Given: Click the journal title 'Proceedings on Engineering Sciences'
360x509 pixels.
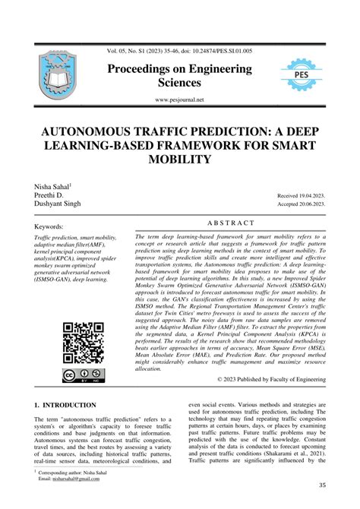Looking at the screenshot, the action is point(179,75).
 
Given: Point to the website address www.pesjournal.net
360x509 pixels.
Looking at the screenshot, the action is point(179,100).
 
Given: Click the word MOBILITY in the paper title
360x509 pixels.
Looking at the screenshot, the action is point(179,159).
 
